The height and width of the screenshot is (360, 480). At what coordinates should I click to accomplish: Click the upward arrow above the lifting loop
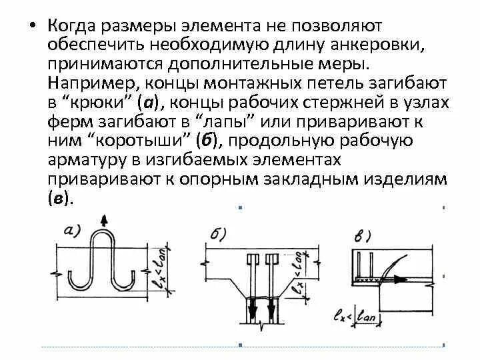(103, 221)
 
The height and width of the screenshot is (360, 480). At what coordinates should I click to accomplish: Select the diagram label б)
(217, 234)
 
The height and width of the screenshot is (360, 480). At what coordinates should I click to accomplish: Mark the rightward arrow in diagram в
(398, 281)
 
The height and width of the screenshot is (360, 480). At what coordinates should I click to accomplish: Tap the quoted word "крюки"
(99, 102)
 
